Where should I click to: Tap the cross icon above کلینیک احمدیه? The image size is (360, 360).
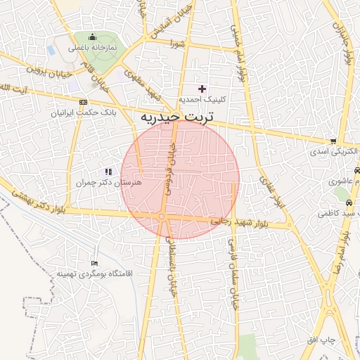pyautogui.click(x=202, y=89)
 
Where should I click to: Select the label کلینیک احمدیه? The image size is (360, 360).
pyautogui.click(x=201, y=100)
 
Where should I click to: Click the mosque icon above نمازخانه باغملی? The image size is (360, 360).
pyautogui.click(x=92, y=38)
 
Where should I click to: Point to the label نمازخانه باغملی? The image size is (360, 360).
pyautogui.click(x=92, y=49)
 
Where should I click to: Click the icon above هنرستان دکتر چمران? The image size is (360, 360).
pyautogui.click(x=108, y=171)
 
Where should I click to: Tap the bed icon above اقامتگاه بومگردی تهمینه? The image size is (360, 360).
pyautogui.click(x=95, y=263)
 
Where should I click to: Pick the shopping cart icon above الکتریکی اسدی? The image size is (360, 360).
pyautogui.click(x=333, y=141)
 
